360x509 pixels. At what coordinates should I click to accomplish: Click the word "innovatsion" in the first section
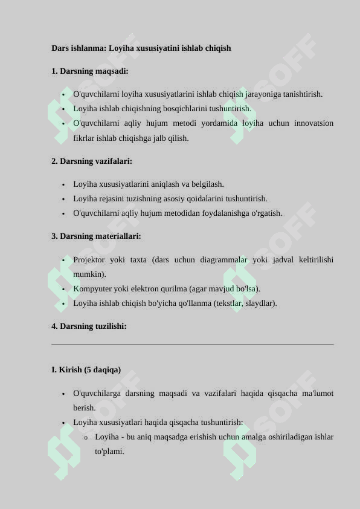click(x=313, y=123)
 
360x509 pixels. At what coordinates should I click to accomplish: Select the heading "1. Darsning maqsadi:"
click(x=89, y=71)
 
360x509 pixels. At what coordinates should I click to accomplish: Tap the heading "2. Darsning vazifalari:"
click(x=92, y=161)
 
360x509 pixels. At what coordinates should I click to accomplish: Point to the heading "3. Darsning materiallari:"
click(x=96, y=236)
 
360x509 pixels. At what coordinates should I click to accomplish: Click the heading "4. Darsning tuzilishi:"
click(x=89, y=326)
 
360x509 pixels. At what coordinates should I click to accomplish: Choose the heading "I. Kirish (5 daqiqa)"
click(x=86, y=370)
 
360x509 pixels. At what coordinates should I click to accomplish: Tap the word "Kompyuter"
click(x=92, y=289)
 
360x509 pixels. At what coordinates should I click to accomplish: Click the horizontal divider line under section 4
click(x=193, y=345)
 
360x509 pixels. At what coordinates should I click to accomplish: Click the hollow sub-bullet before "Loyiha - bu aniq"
click(x=86, y=438)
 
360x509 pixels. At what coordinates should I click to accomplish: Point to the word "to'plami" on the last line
click(x=109, y=452)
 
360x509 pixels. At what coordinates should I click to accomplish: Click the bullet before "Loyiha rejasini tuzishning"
click(x=63, y=199)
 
